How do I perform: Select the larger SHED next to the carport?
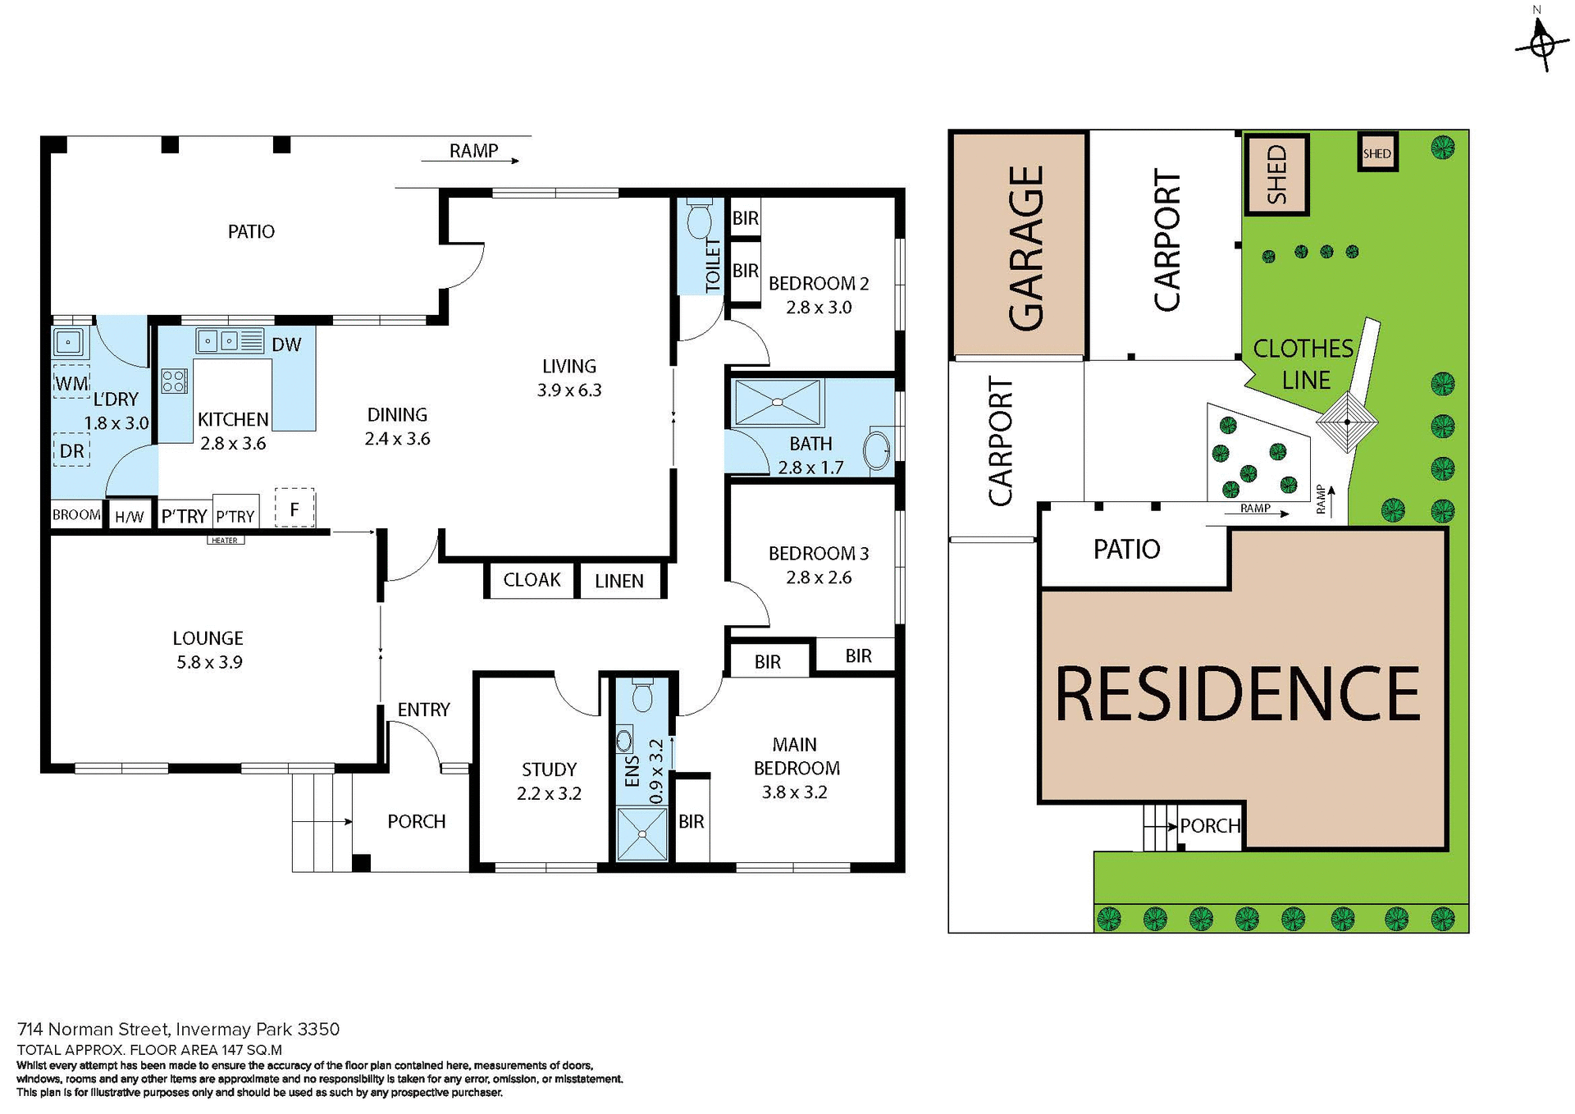(1276, 175)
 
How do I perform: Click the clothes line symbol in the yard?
(1346, 422)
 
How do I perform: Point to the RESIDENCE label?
(1237, 694)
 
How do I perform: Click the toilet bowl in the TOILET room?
(699, 221)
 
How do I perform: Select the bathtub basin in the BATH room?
(877, 450)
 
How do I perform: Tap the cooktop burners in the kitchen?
(175, 381)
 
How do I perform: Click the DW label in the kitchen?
(286, 345)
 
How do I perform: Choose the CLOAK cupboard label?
(532, 580)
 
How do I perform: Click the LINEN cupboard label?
(619, 581)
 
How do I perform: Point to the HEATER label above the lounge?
(225, 540)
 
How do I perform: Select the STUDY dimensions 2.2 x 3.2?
(549, 793)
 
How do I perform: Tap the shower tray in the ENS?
(642, 833)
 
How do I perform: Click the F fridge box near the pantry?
(294, 509)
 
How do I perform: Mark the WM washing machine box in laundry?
(72, 383)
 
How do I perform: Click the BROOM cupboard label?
(76, 515)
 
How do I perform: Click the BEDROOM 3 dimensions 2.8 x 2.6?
(819, 578)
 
